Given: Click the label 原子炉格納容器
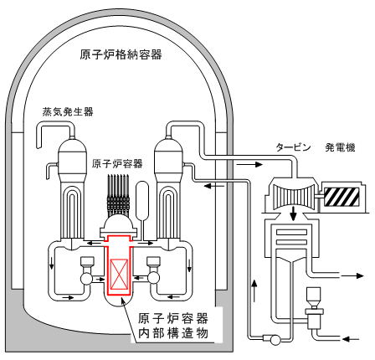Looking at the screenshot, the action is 121,54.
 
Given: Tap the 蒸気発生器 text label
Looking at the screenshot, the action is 68,111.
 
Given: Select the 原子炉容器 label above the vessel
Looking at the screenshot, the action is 117,164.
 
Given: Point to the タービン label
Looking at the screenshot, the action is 293,147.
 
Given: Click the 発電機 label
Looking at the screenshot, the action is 340,147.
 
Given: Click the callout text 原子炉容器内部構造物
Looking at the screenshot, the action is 173,326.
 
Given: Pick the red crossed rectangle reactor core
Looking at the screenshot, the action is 119,274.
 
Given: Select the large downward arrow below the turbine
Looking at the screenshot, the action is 293,213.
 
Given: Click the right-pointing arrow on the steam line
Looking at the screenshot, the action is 249,164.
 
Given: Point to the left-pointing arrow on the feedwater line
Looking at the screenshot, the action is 214,186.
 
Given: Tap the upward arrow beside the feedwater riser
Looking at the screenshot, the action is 254,291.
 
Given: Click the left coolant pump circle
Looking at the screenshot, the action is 86,278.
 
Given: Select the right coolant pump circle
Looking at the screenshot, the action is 154,278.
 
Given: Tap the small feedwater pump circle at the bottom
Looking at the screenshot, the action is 275,340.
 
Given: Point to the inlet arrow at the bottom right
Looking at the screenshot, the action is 351,339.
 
